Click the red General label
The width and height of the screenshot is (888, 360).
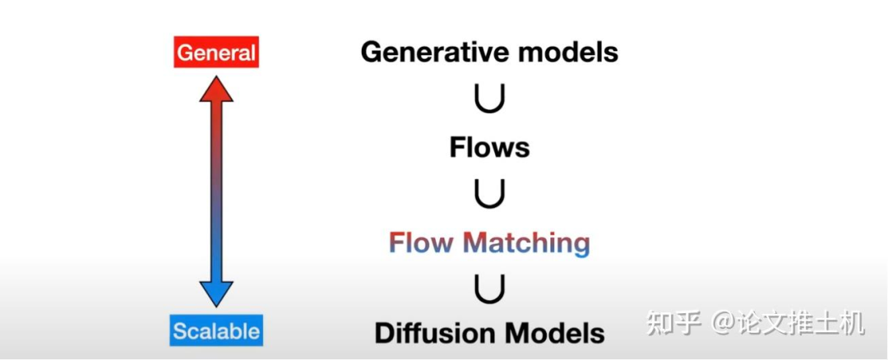pyautogui.click(x=217, y=53)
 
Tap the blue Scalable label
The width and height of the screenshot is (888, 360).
pyautogui.click(x=217, y=331)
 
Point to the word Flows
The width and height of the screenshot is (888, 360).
pyautogui.click(x=489, y=148)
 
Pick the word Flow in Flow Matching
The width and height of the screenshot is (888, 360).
pyautogui.click(x=422, y=243)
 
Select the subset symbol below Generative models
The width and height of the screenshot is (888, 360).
pyautogui.click(x=489, y=99)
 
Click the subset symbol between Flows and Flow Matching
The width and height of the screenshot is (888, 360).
pyautogui.click(x=489, y=195)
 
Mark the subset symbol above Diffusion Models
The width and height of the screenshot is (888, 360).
pyautogui.click(x=489, y=288)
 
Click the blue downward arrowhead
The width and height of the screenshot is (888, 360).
pyautogui.click(x=217, y=293)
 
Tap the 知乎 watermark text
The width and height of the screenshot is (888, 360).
pyautogui.click(x=673, y=323)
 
